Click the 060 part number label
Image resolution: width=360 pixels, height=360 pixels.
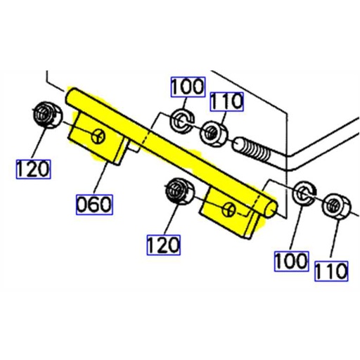pyautogui.click(x=94, y=205)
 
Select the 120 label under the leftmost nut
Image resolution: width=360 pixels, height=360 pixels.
pyautogui.click(x=33, y=168)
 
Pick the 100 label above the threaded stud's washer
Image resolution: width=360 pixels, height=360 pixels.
pyautogui.click(x=186, y=88)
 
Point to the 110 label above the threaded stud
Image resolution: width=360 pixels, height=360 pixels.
pyautogui.click(x=226, y=101)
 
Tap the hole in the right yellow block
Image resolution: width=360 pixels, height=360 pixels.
pyautogui.click(x=230, y=209)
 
